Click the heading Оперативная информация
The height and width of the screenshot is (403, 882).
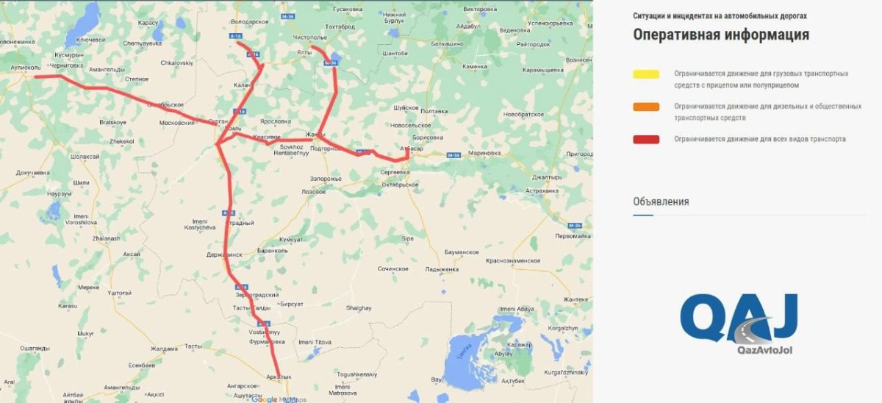pyautogui.click(x=720, y=35)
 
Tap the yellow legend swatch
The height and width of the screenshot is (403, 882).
pyautogui.click(x=646, y=74)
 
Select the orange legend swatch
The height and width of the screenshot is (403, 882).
pyautogui.click(x=646, y=107)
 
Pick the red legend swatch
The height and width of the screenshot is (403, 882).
pyautogui.click(x=646, y=139)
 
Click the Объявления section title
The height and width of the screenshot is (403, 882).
pyautogui.click(x=661, y=201)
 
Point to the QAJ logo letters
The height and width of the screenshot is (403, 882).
pyautogui.click(x=739, y=318)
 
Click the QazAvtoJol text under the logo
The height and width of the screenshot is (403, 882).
pyautogui.click(x=764, y=350)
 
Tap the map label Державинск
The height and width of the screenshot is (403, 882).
pyautogui.click(x=224, y=254)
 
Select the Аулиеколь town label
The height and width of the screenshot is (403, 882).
pyautogui.click(x=24, y=67)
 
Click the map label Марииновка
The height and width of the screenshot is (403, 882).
pyautogui.click(x=484, y=153)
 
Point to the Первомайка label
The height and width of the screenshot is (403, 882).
pyautogui.click(x=573, y=236)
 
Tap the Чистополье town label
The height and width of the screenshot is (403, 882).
pyautogui.click(x=309, y=37)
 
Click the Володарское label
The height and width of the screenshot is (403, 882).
pyautogui.click(x=250, y=22)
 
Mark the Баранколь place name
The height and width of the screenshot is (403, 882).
pyautogui.click(x=272, y=250)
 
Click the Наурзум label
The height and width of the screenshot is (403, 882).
pyautogui.click(x=59, y=193)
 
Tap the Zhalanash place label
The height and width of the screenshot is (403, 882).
pyautogui.click(x=106, y=238)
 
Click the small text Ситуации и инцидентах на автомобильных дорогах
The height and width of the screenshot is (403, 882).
pyautogui.click(x=720, y=15)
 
